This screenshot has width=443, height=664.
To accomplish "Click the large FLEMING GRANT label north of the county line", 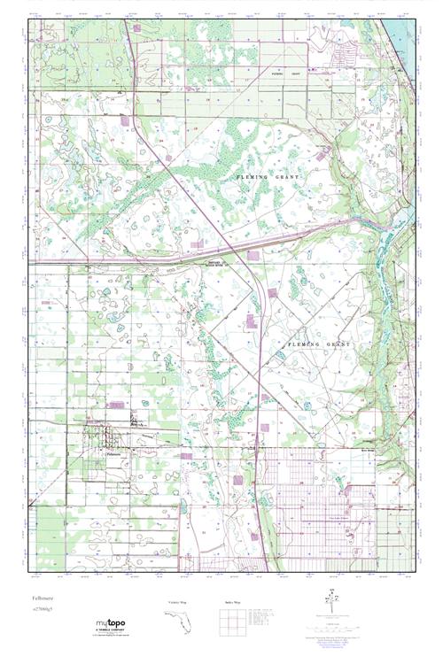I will tap(269, 178).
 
